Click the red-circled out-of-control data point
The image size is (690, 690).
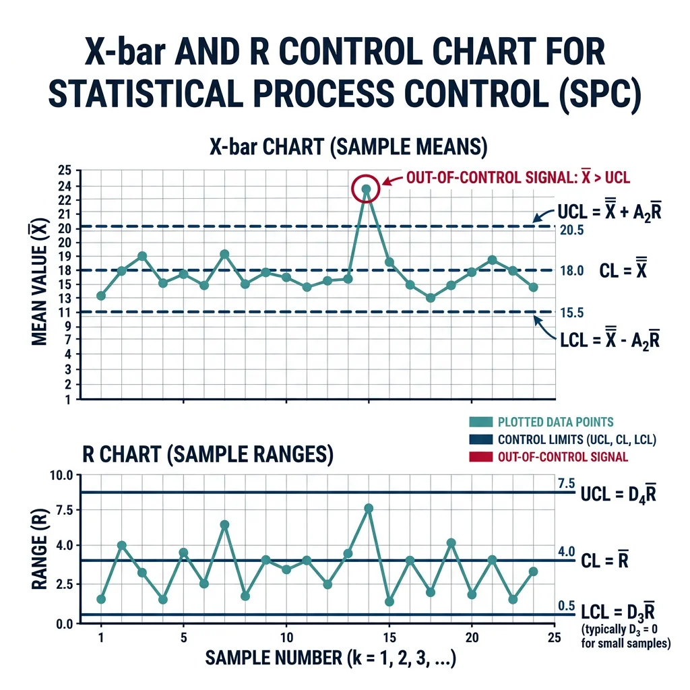click(x=366, y=189)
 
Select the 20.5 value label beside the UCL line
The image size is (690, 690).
click(x=571, y=230)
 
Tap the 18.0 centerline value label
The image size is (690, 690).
click(x=571, y=271)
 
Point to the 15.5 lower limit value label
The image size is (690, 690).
click(x=571, y=312)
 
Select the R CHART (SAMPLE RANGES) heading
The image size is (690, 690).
click(x=208, y=455)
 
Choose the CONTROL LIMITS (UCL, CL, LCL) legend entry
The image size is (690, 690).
click(x=577, y=440)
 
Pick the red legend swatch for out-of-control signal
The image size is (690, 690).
click(x=480, y=457)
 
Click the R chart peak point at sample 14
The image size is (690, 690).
click(x=369, y=508)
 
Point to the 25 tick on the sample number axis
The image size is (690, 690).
click(x=553, y=637)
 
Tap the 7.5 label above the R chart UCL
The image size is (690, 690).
click(x=566, y=483)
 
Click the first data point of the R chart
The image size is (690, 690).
click(x=101, y=599)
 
